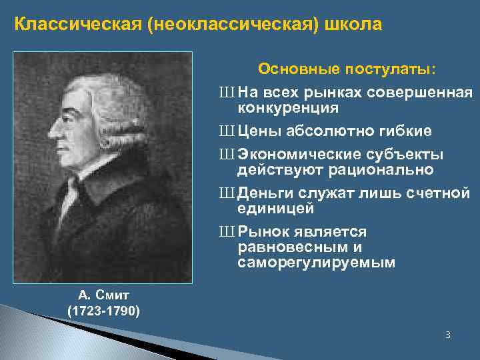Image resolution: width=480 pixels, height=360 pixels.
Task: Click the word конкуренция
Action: click(x=288, y=107)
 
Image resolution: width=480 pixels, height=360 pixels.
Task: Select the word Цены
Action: click(x=259, y=130)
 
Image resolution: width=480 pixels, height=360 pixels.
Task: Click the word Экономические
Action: click(x=302, y=155)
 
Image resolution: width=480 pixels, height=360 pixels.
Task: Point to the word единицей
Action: click(x=275, y=208)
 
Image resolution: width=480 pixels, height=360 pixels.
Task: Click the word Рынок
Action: click(x=262, y=231)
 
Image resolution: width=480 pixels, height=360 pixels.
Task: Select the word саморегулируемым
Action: click(x=316, y=263)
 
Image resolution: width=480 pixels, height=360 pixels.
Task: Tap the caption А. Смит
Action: click(x=103, y=294)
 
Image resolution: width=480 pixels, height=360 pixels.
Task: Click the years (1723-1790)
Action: click(x=103, y=310)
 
